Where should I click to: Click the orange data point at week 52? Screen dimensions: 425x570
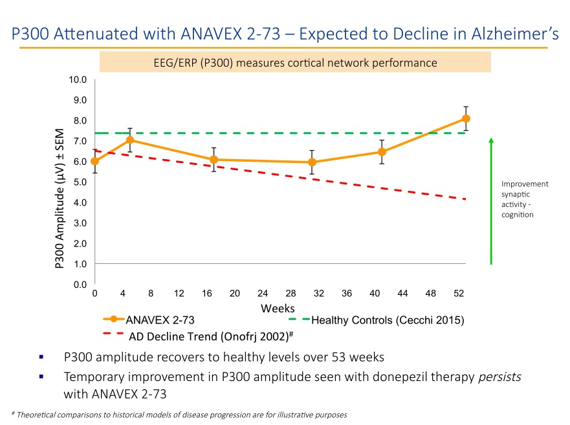click(x=466, y=118)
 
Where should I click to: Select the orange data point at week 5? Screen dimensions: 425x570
click(x=130, y=140)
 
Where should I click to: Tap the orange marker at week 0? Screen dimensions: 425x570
click(x=95, y=161)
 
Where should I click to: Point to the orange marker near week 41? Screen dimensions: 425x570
click(x=382, y=152)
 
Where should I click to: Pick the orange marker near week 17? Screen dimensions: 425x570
click(x=214, y=159)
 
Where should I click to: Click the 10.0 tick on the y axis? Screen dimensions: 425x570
click(x=78, y=80)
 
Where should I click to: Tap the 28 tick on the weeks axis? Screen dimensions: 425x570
click(x=290, y=294)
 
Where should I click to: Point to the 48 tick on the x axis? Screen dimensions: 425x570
click(x=431, y=294)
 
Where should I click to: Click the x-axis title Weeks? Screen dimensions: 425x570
click(x=278, y=308)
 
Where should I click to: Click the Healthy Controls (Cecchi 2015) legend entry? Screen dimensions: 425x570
click(x=388, y=320)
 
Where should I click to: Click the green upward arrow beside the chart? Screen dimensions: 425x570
click(x=491, y=201)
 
